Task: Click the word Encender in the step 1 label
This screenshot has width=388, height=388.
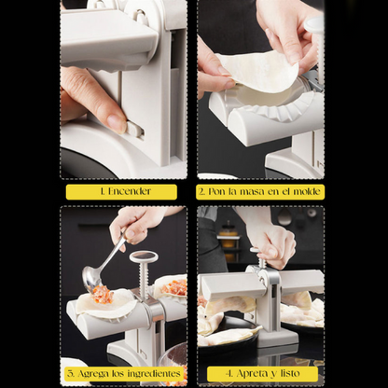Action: tap(130, 191)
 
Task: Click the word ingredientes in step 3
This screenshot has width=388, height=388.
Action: tap(154, 374)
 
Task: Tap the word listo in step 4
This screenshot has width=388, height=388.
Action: tap(290, 373)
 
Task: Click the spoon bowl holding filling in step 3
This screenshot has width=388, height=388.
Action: tap(90, 279)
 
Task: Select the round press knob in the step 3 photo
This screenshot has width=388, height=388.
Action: tap(144, 256)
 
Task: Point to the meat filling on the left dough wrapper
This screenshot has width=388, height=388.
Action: tap(102, 294)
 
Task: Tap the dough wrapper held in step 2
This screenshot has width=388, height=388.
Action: tap(258, 70)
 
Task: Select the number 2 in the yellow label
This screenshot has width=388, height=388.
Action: tap(202, 191)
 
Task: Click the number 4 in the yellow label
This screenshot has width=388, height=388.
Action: tap(229, 374)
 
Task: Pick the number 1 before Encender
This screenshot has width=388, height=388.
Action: tap(103, 191)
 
